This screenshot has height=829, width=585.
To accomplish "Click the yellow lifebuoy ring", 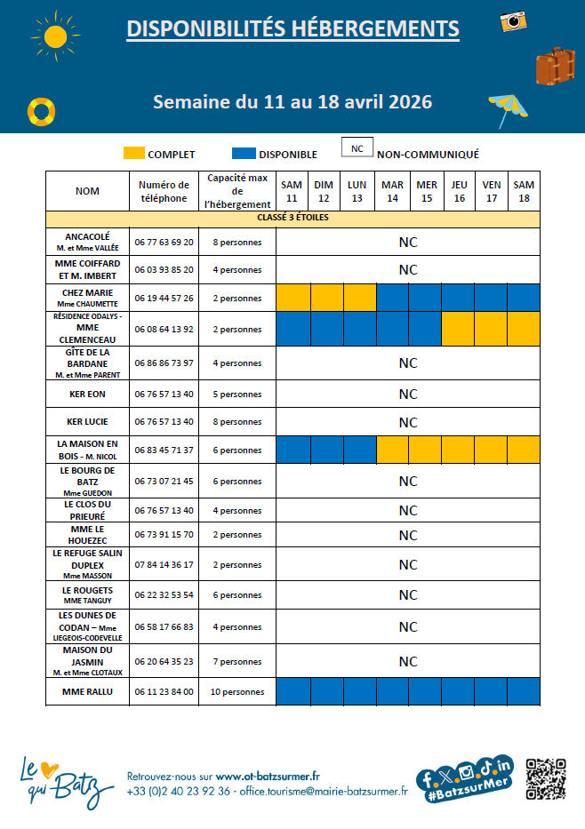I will coord(41,111).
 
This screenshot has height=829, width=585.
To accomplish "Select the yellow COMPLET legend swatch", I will coord(134,154).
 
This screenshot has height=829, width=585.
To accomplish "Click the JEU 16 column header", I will coord(459,191).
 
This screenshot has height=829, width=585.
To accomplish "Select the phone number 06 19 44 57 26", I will coord(164,298).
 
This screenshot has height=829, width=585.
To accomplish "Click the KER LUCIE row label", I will coord(87,422).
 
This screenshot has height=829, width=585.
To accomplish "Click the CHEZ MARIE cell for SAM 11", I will coord(292,298).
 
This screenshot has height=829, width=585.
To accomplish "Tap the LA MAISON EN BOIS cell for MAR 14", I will coord(392,450).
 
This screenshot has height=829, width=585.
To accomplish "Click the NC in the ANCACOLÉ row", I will coord(407,242).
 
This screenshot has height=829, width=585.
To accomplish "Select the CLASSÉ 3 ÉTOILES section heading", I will coord(292,218).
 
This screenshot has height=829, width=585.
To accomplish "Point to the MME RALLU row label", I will coord(87,691).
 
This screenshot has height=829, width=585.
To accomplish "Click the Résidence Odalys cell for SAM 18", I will coord(525,329).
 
